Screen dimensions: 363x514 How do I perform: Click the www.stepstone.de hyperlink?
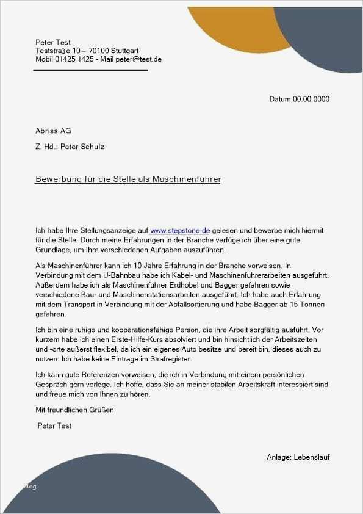pos(180,231)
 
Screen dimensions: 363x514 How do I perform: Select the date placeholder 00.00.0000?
pos(311,99)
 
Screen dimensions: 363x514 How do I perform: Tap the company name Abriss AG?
pos(54,131)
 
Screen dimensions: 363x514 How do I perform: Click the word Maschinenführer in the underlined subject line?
pos(189,179)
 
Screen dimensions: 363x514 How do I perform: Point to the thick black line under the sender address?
pos(90,70)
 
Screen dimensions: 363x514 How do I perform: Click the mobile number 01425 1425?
pos(74,59)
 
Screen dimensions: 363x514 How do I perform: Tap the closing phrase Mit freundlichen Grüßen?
pos(75,410)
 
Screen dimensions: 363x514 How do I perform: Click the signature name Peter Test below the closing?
pos(55,425)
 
